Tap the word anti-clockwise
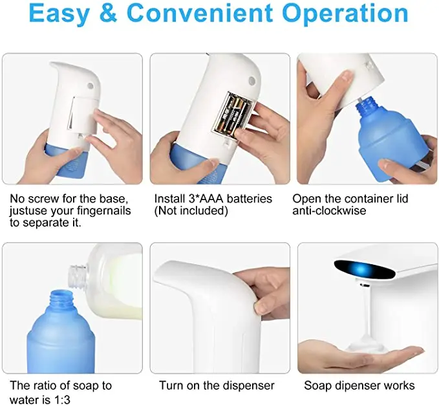[330, 210]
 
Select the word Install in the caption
[170, 198]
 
